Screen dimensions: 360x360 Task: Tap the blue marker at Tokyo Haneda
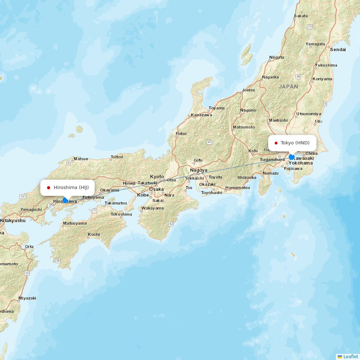tap(292, 157)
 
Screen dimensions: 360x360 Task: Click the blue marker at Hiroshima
tap(65, 200)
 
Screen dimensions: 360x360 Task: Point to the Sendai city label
tap(338, 50)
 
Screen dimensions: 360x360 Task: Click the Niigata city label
tap(276, 57)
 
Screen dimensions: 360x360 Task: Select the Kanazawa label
tap(201, 115)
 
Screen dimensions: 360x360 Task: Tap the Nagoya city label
tap(199, 170)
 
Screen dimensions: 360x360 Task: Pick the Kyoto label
tap(157, 176)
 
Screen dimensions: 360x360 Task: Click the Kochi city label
tap(94, 234)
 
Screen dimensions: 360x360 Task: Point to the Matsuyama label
tap(75, 223)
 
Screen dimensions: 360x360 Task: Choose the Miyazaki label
tap(27, 298)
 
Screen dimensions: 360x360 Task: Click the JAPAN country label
tap(288, 87)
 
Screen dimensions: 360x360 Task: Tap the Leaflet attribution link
tap(350, 356)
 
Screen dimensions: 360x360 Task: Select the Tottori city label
tap(117, 157)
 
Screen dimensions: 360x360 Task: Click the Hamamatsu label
tap(238, 188)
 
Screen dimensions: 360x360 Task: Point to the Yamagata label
tap(315, 44)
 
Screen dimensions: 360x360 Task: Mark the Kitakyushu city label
tap(13, 220)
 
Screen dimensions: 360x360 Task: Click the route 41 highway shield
tap(209, 142)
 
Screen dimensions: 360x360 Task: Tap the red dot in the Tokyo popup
tap(276, 143)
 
